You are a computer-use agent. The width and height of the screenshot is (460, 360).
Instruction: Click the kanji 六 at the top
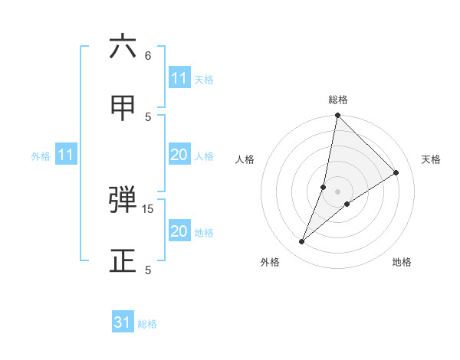[123, 47]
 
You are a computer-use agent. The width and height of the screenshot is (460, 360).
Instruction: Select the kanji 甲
[123, 108]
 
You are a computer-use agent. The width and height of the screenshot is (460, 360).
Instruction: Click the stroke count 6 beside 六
[148, 56]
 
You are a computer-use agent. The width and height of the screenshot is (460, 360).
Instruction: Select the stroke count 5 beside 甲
[148, 117]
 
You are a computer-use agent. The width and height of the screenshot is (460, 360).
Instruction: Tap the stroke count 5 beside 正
[148, 270]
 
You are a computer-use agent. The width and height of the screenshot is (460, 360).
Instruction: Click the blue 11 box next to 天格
[179, 78]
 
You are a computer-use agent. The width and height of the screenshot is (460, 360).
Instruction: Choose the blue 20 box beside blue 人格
[179, 155]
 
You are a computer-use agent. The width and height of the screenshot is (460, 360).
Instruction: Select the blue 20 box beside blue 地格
[179, 231]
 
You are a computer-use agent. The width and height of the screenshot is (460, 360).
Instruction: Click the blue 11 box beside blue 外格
[65, 155]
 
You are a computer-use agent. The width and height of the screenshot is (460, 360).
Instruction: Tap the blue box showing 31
[123, 322]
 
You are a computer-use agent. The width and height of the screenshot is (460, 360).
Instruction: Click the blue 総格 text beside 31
[147, 324]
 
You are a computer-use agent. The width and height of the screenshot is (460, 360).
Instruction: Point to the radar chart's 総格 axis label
[338, 100]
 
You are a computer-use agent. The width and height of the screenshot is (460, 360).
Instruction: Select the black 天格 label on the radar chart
[431, 159]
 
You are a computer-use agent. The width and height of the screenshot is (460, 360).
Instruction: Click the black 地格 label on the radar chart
[402, 262]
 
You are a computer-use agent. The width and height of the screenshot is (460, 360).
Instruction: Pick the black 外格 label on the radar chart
[270, 262]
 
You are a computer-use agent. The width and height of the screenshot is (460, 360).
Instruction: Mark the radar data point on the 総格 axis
[337, 116]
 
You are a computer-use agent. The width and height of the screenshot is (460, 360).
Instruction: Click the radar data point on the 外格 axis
[302, 242]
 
